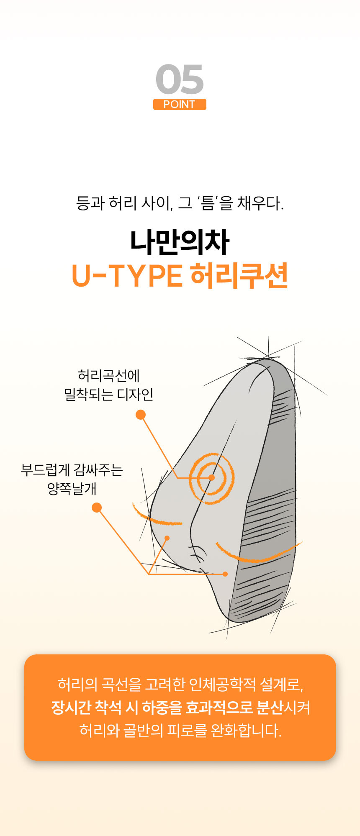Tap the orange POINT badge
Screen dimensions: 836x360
pyautogui.click(x=180, y=104)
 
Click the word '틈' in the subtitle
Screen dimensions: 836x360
pyautogui.click(x=208, y=203)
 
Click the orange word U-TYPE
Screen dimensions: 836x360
pyautogui.click(x=127, y=276)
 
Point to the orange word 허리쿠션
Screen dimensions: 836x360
pyautogui.click(x=239, y=276)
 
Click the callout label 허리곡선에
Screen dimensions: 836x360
pyautogui.click(x=108, y=375)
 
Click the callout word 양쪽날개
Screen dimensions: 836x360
pyautogui.click(x=72, y=488)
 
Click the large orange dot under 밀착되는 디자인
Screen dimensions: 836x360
pyautogui.click(x=141, y=415)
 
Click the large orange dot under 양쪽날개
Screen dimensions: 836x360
pyautogui.click(x=97, y=508)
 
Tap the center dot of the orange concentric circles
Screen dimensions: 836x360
pyautogui.click(x=212, y=477)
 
